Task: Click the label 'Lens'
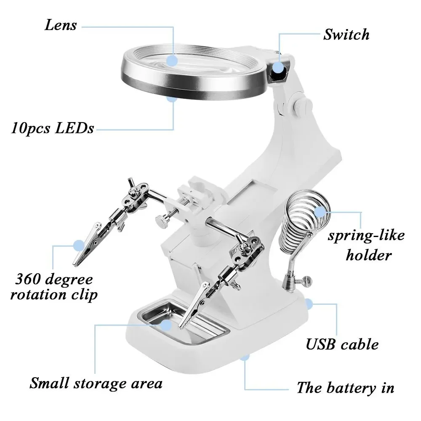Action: point(61,25)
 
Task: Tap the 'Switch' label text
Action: point(346,35)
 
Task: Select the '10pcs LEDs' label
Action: point(52,128)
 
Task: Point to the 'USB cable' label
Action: point(342,344)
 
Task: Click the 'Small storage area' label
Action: point(96,383)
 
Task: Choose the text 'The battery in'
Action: point(345,388)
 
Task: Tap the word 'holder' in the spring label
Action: point(369,255)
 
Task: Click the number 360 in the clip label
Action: point(28,279)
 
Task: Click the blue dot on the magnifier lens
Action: point(172,61)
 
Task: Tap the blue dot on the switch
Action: point(279,67)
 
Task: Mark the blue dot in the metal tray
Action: point(166,325)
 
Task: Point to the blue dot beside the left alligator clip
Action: point(79,246)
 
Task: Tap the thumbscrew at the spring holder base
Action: point(307,280)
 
